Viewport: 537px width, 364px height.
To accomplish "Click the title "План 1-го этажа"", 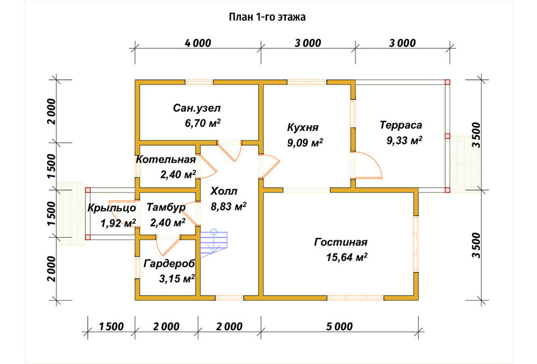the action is click(x=267, y=17).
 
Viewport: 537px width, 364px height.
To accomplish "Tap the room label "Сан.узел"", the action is click(x=197, y=108).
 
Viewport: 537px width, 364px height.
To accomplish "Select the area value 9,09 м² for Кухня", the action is click(x=305, y=142).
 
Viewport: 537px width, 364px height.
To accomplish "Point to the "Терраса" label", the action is click(x=401, y=125).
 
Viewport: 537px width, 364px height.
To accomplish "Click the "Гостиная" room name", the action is click(x=341, y=242).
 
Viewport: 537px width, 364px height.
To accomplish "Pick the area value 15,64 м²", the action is click(x=347, y=257).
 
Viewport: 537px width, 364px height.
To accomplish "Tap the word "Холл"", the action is click(x=224, y=191).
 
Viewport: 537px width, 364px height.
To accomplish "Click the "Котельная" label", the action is click(x=166, y=159).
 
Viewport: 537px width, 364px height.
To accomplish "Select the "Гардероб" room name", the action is click(x=169, y=263).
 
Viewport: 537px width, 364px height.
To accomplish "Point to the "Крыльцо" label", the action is click(x=112, y=208).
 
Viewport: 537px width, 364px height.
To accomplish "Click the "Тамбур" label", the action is click(x=166, y=208).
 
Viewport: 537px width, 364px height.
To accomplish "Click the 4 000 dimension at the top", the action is click(x=198, y=43).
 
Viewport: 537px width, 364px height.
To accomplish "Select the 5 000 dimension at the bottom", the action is click(x=339, y=327).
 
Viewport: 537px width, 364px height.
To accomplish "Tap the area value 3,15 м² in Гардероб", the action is click(x=177, y=279).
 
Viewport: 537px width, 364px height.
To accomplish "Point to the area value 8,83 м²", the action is click(x=228, y=206).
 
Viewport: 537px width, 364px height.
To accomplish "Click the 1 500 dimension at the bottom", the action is click(x=111, y=327).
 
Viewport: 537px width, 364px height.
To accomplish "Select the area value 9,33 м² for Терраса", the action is click(x=404, y=140).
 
